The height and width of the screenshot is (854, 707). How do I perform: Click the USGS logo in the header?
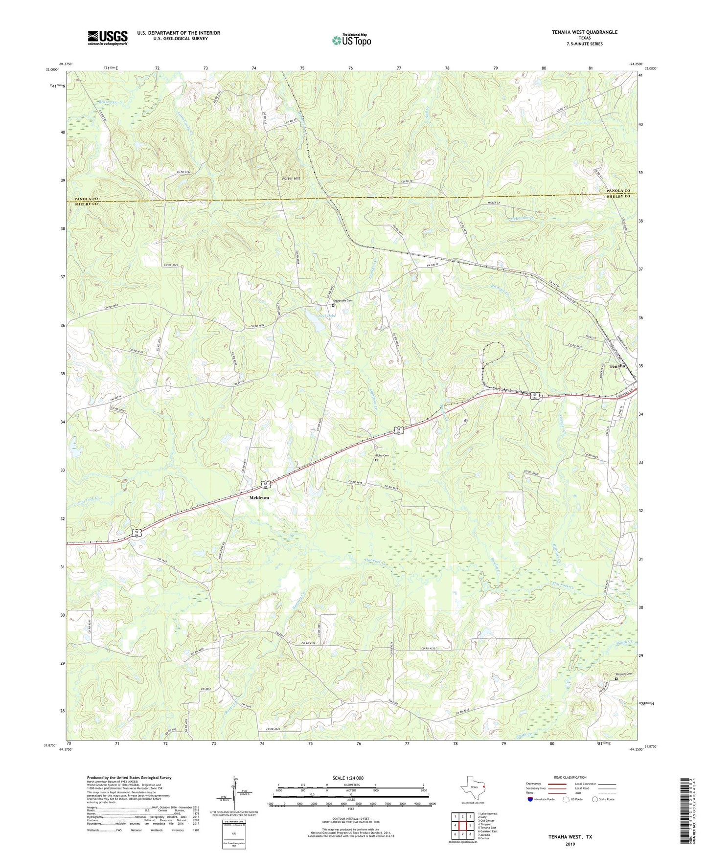(108, 38)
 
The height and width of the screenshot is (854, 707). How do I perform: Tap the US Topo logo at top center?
(351, 40)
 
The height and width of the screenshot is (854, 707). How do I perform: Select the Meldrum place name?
(259, 497)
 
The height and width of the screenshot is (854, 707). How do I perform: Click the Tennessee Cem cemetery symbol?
(333, 305)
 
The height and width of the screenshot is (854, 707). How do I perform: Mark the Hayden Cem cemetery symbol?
(616, 678)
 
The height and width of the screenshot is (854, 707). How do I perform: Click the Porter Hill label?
(291, 179)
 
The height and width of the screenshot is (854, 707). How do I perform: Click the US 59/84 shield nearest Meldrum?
(265, 485)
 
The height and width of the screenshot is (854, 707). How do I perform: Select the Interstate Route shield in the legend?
(530, 799)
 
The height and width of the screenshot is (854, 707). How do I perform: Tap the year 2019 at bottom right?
(570, 844)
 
